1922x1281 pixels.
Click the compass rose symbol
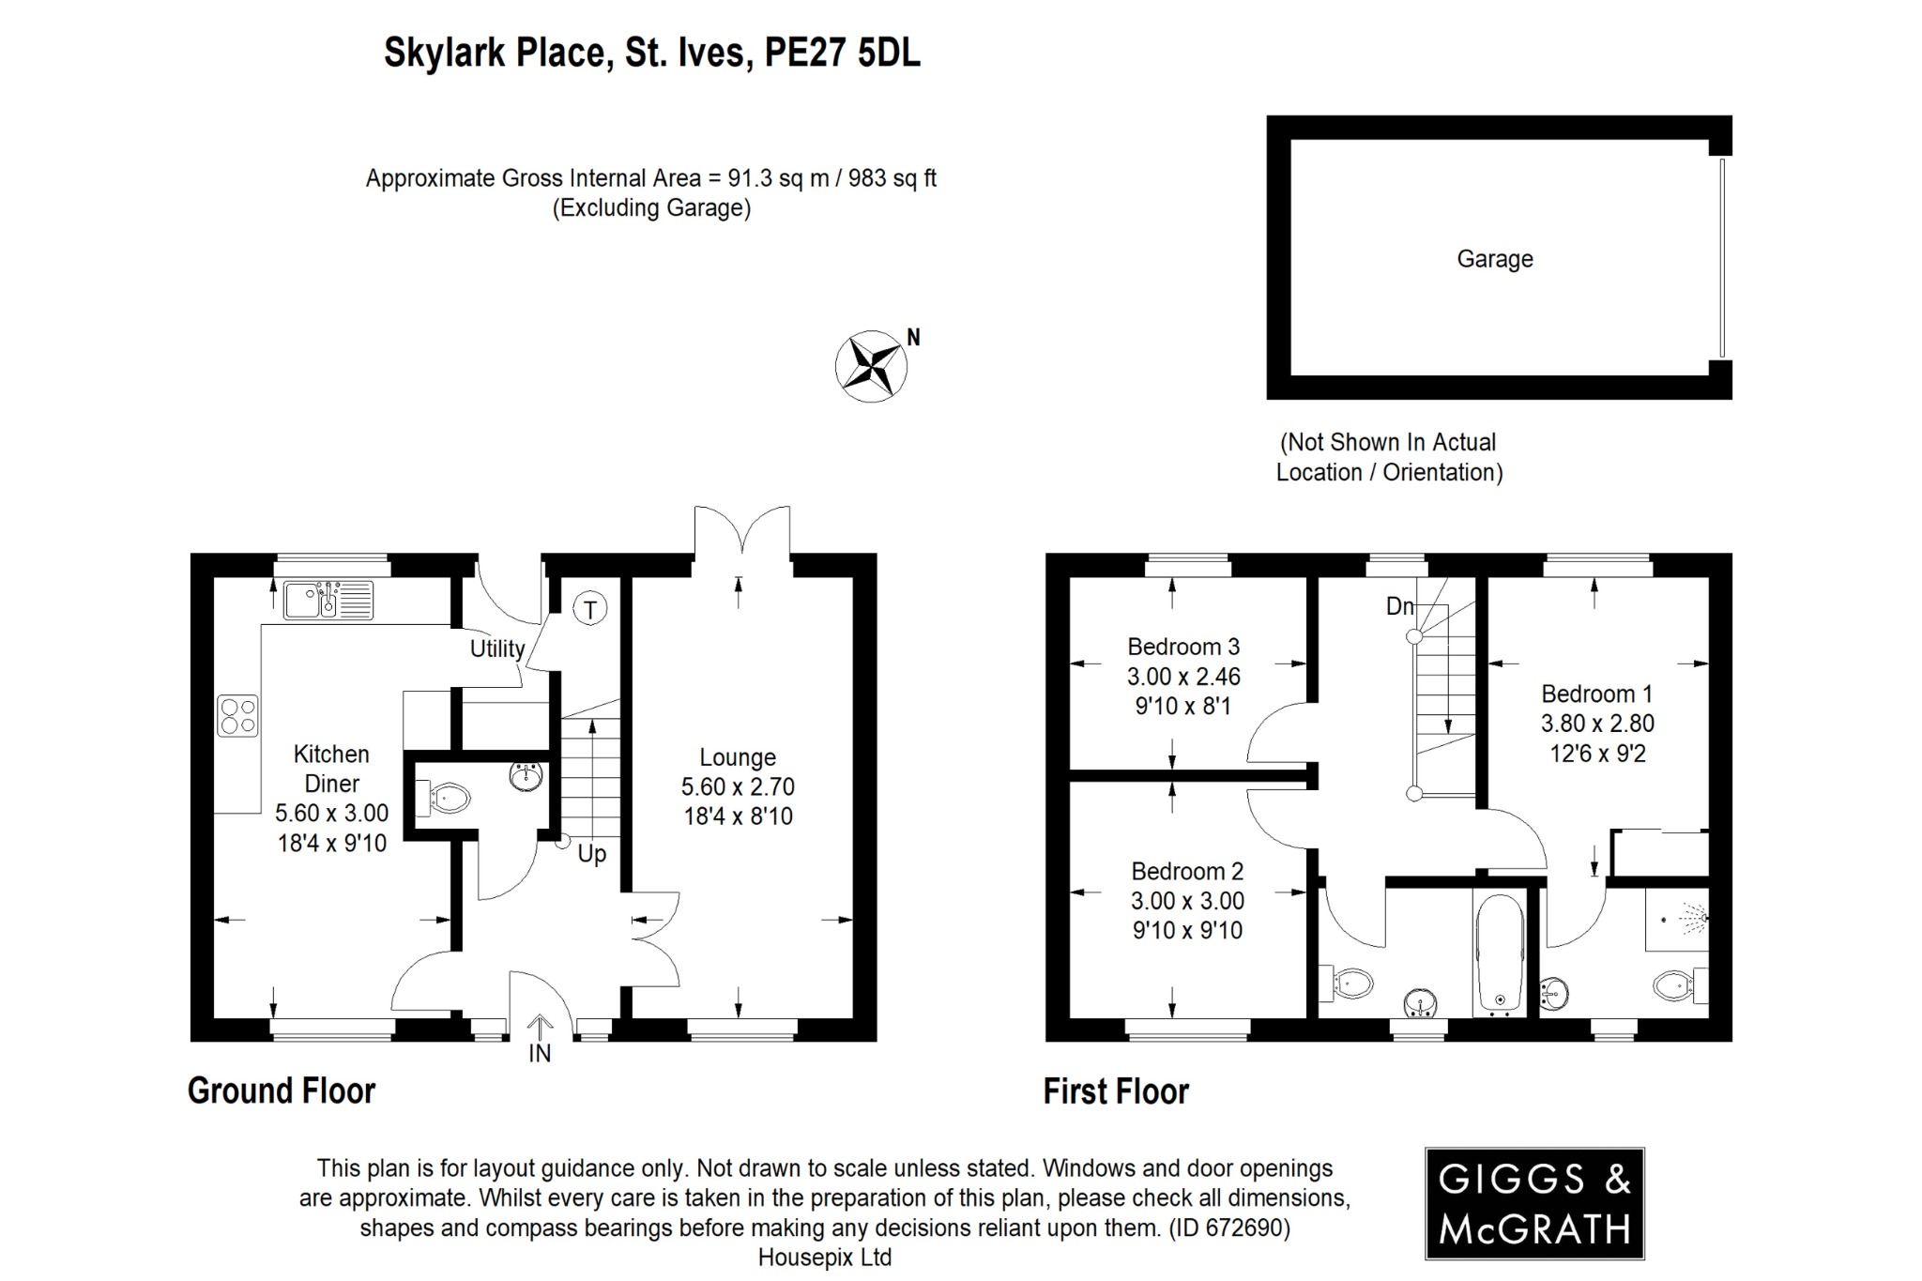click(870, 366)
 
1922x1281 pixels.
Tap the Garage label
click(1494, 259)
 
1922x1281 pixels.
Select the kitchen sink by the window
click(328, 600)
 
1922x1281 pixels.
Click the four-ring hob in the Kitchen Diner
click(238, 715)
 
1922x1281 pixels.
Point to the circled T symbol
click(589, 610)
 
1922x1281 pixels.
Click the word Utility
click(497, 648)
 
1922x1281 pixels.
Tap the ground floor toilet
click(446, 800)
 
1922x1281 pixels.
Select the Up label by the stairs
click(591, 854)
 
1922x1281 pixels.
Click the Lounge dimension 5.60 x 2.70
click(738, 786)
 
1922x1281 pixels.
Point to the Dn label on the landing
click(1399, 606)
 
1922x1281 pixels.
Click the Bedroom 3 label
click(1183, 647)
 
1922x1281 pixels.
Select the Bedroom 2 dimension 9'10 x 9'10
click(1187, 930)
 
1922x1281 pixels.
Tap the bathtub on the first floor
click(1499, 953)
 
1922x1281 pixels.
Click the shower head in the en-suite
click(1692, 919)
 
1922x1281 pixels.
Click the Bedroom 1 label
click(1596, 694)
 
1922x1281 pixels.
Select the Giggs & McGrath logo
click(1534, 1203)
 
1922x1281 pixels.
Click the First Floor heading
click(1116, 1091)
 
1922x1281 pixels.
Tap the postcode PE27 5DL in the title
click(842, 53)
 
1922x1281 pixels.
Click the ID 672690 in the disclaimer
click(1228, 1228)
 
